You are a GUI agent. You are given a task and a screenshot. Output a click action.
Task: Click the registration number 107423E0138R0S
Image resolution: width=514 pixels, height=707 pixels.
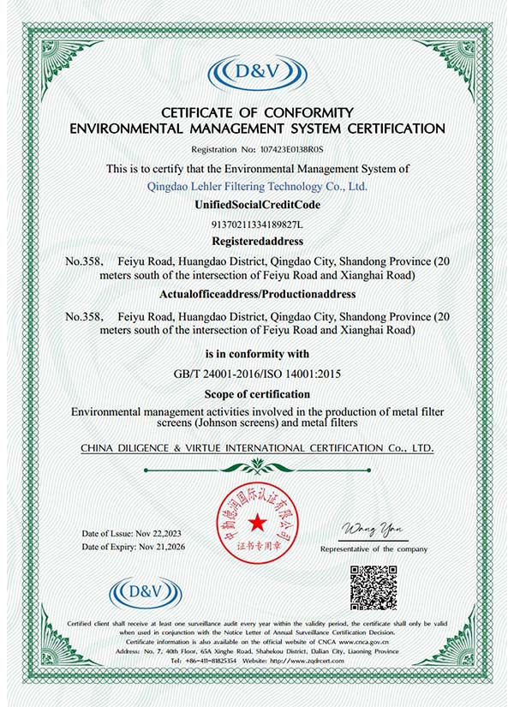tap(289, 148)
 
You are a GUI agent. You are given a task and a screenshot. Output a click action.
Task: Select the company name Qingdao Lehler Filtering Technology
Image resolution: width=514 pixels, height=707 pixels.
tap(258, 186)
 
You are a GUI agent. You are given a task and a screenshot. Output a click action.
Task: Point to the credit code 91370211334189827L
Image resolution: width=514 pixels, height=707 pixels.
tap(257, 225)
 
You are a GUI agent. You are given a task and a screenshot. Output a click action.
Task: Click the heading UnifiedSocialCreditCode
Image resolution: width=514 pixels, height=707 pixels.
tap(257, 207)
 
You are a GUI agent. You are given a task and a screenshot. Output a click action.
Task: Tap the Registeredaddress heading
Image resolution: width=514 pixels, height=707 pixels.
tap(257, 242)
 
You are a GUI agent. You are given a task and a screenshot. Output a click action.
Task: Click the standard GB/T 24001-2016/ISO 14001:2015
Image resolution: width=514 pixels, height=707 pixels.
tap(258, 374)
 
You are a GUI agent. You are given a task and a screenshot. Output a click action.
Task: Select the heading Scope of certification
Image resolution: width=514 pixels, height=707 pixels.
tap(257, 394)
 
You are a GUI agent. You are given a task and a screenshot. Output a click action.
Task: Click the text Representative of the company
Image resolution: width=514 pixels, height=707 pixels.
tap(374, 548)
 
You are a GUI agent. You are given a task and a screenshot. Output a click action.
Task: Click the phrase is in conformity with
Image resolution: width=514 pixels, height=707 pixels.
tap(257, 354)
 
